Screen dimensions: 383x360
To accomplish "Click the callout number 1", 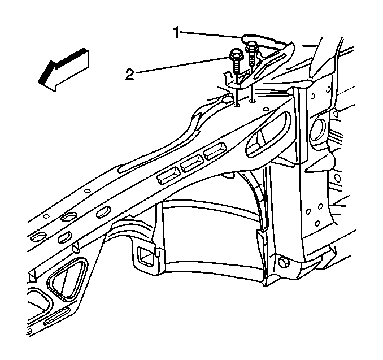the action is [x=177, y=33].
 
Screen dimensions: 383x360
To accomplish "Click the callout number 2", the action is [x=130, y=75].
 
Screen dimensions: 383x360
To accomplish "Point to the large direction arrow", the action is [x=63, y=70].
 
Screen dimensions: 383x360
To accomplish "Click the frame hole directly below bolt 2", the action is [x=237, y=105].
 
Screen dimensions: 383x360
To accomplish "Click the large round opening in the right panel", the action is [x=318, y=129].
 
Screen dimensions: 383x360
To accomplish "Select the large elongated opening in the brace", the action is [x=268, y=135].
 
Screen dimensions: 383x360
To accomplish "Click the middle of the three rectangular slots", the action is [x=192, y=163].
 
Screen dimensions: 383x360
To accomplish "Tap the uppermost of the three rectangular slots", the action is [x=215, y=151].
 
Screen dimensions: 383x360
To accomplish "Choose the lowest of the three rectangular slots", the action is [x=169, y=176].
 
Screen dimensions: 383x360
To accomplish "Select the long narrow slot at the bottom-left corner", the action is [x=56, y=316].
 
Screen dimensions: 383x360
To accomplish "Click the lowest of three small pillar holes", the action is [x=317, y=223].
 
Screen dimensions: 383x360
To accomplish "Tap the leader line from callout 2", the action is [x=182, y=64].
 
